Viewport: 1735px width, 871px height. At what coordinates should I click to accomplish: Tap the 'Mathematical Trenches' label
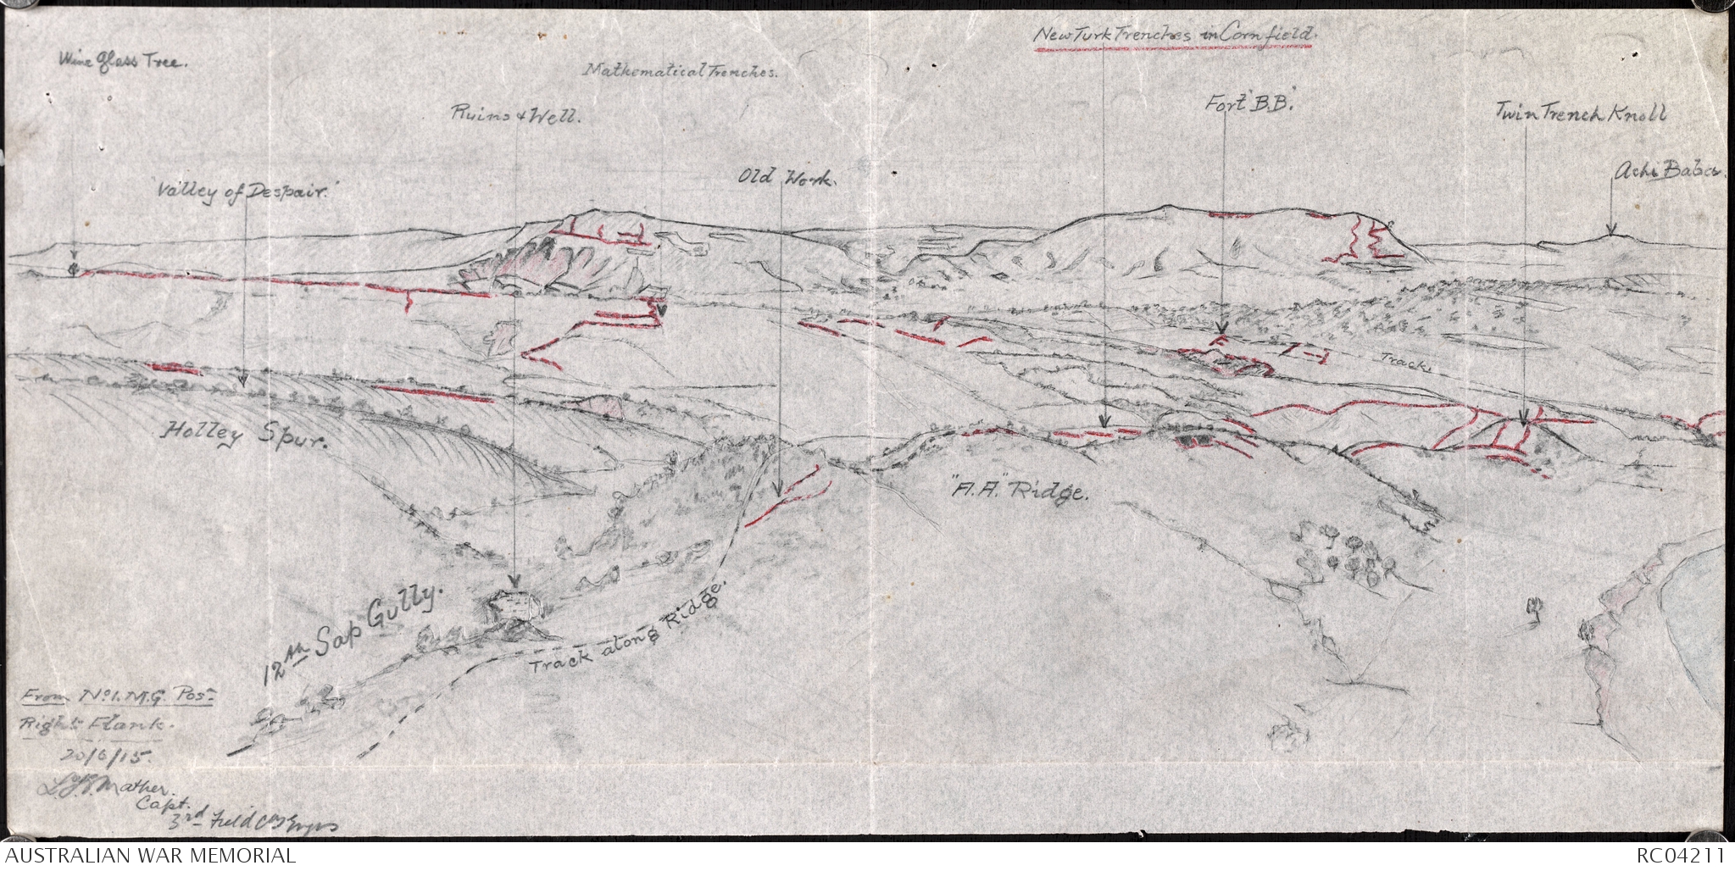tap(681, 72)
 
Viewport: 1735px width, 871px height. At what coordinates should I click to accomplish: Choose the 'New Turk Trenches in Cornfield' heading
tap(1173, 36)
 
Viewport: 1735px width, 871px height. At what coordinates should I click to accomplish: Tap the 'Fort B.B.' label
tap(1240, 105)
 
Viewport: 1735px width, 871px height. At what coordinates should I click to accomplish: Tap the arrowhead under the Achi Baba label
tap(1611, 230)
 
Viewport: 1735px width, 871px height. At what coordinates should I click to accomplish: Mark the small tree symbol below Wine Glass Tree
tap(74, 269)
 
